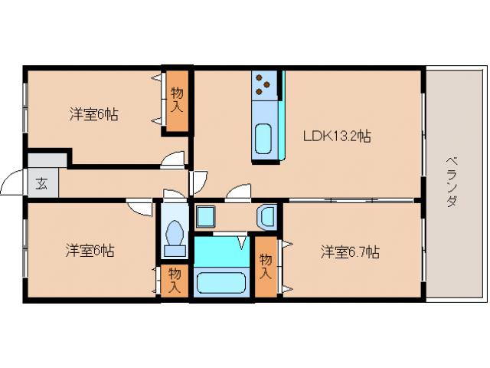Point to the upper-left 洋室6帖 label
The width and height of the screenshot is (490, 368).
pyautogui.click(x=93, y=114)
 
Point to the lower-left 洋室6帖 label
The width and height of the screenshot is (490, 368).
pyautogui.click(x=90, y=250)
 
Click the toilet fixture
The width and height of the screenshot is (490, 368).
pyautogui.click(x=175, y=235)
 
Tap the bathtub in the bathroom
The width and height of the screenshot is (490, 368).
pyautogui.click(x=221, y=281)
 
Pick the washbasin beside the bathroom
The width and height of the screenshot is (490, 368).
pyautogui.click(x=268, y=217)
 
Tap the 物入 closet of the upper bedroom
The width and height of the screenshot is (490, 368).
pyautogui.click(x=177, y=100)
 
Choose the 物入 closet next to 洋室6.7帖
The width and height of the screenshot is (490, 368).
pyautogui.click(x=266, y=266)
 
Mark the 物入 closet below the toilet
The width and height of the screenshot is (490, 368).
pyautogui.click(x=175, y=281)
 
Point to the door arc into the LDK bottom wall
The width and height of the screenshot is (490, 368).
pyautogui.click(x=239, y=192)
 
